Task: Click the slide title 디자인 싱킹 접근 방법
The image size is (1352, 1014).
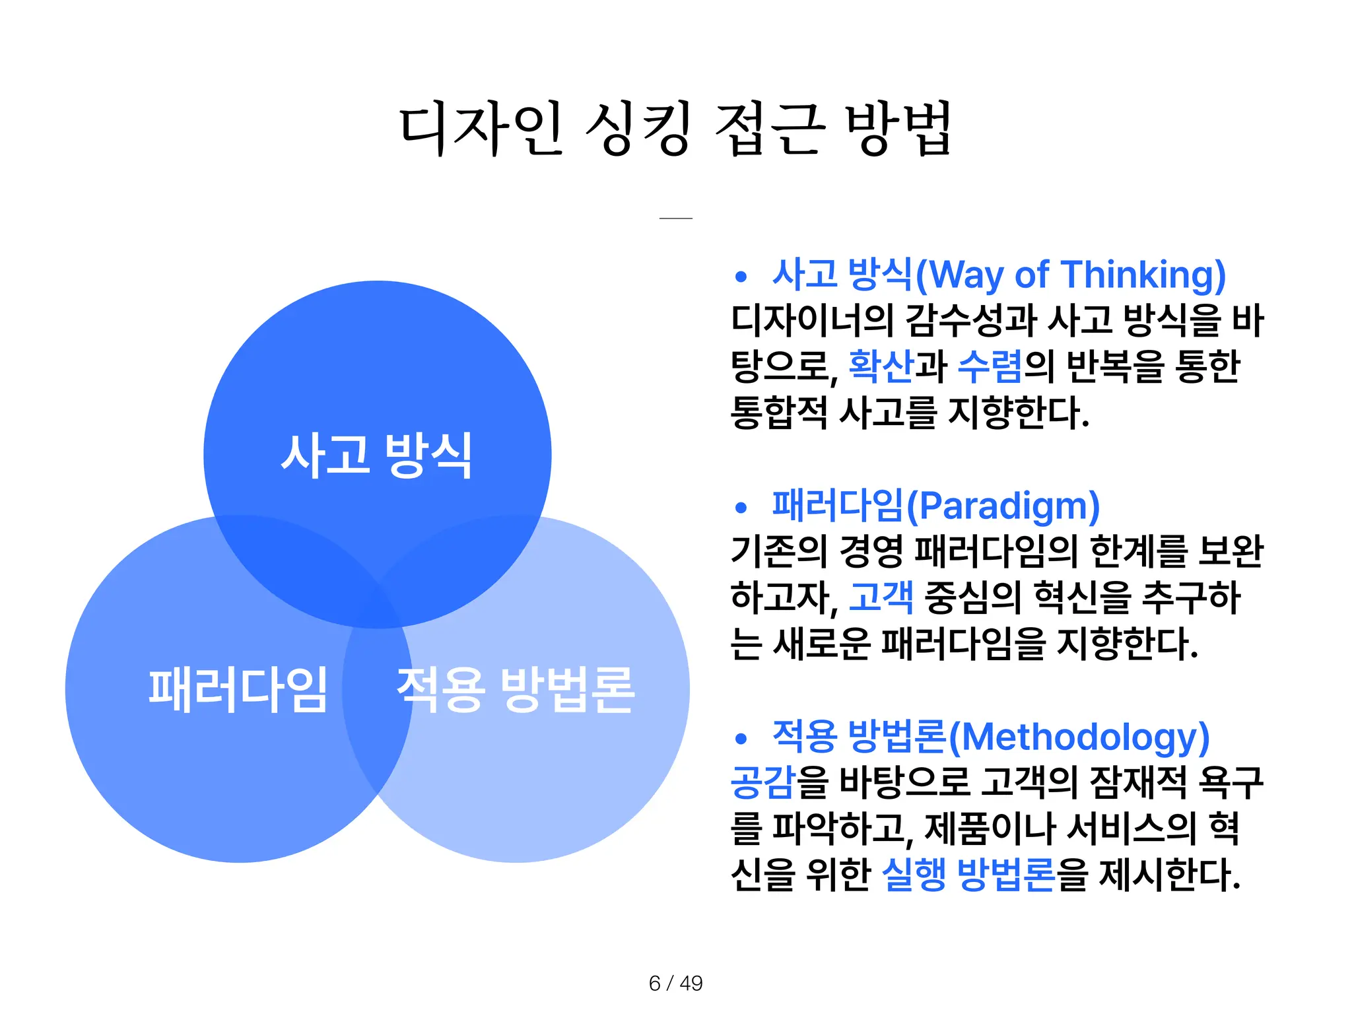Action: (675, 129)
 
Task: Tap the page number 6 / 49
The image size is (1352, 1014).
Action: (675, 983)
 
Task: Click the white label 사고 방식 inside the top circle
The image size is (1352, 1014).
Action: (377, 455)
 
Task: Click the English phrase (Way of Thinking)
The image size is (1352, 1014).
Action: (1070, 275)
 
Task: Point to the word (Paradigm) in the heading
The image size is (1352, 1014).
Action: (1003, 506)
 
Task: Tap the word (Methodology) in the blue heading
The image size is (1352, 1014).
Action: (1079, 737)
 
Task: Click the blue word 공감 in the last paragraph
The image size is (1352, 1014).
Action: (762, 782)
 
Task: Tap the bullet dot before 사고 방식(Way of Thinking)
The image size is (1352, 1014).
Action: (741, 277)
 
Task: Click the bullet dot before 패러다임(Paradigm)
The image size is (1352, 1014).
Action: (741, 508)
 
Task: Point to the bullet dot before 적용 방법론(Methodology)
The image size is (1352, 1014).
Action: (741, 739)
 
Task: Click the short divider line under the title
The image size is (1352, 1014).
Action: (675, 218)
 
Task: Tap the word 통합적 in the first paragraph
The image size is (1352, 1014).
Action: (779, 413)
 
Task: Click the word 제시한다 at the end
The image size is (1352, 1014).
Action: (1169, 874)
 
